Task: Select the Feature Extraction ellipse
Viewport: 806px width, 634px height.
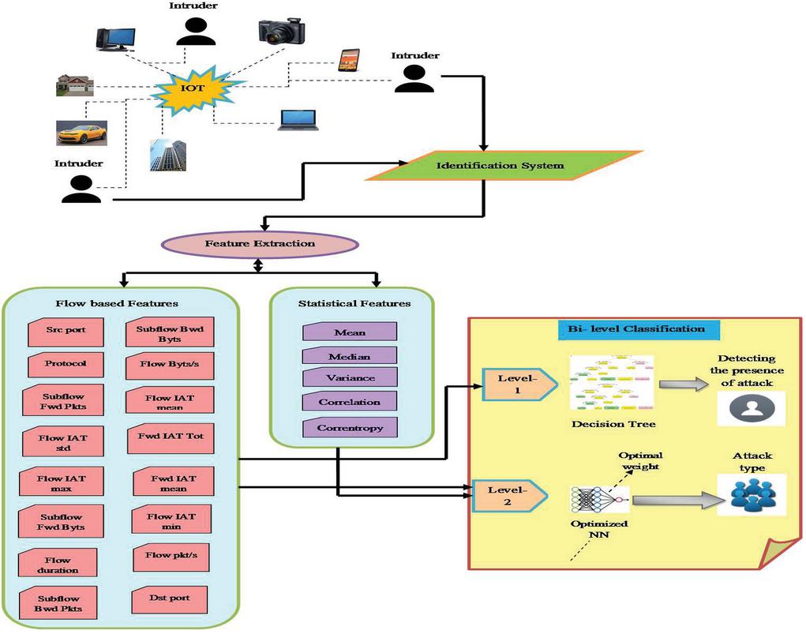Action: coord(260,243)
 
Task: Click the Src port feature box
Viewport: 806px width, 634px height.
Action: coord(66,331)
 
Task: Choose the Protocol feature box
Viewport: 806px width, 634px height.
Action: coord(66,364)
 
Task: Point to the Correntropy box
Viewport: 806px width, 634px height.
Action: coord(350,427)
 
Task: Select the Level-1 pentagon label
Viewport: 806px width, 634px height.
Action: coord(511,384)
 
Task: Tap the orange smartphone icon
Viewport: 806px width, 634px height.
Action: coord(348,60)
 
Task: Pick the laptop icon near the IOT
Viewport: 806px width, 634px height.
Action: coord(298,119)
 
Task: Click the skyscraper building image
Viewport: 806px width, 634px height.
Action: coord(168,156)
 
